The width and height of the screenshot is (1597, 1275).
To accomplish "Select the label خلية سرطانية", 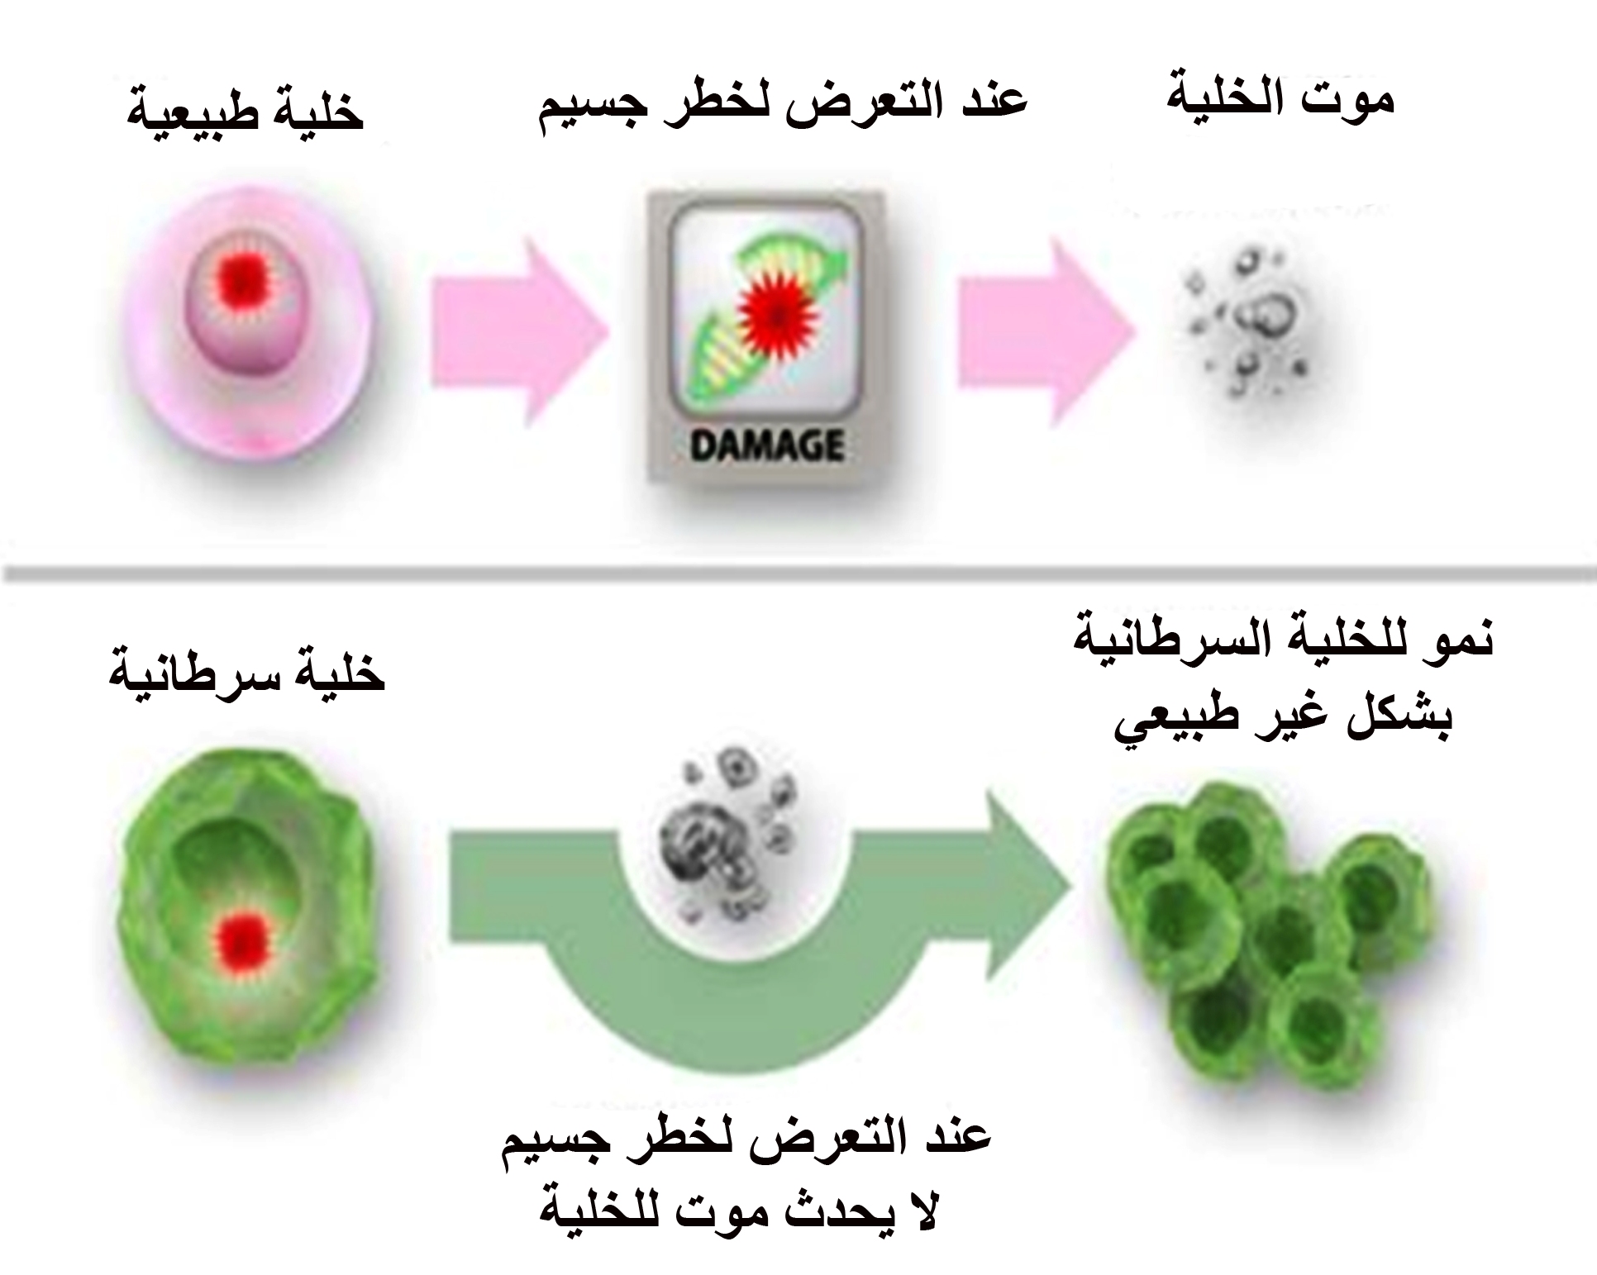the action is click(247, 676).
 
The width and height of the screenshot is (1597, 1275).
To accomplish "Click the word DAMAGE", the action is click(766, 446).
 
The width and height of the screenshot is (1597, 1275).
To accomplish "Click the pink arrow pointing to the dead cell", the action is click(1046, 331).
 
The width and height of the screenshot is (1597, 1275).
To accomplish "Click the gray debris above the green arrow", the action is click(727, 835).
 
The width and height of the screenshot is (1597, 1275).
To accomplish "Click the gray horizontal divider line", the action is click(798, 570).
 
